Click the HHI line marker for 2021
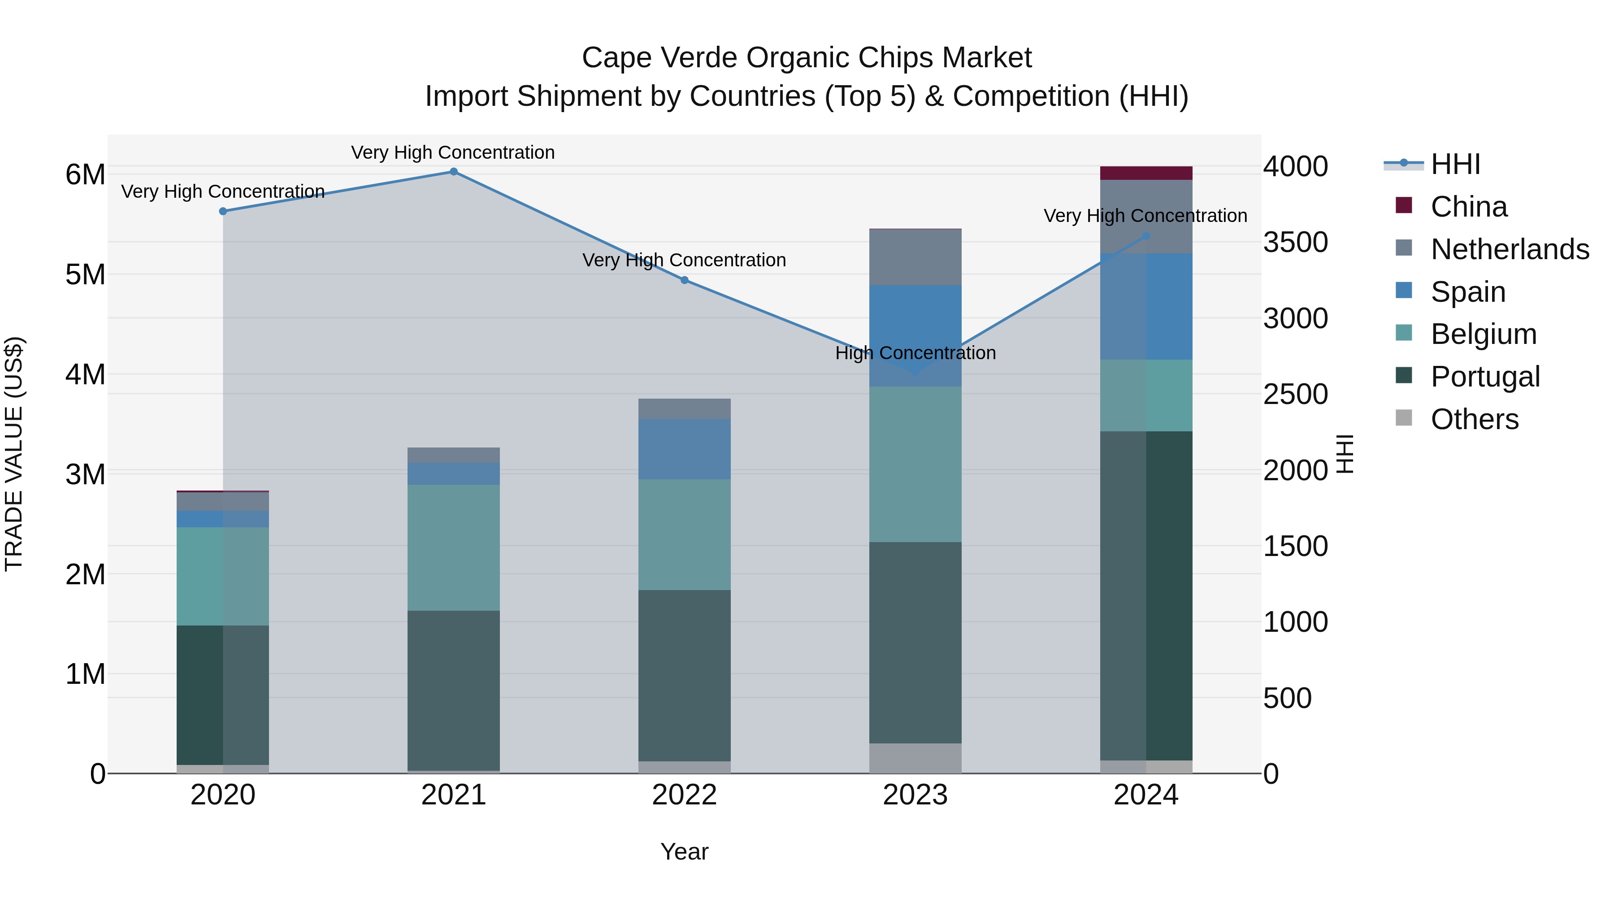(454, 172)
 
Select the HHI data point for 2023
(915, 372)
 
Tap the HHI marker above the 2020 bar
(223, 211)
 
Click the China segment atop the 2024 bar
(1146, 173)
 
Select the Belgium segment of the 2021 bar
(454, 547)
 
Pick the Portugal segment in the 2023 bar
(915, 642)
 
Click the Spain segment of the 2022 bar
(684, 449)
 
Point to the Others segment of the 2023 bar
(915, 758)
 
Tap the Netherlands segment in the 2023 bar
(915, 257)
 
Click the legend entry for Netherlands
(1510, 249)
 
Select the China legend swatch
(1404, 205)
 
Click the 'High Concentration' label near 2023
(915, 353)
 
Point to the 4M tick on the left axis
(85, 375)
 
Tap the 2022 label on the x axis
(684, 795)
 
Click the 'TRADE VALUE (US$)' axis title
(14, 454)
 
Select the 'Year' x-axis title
(684, 852)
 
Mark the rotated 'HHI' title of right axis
(1345, 454)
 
